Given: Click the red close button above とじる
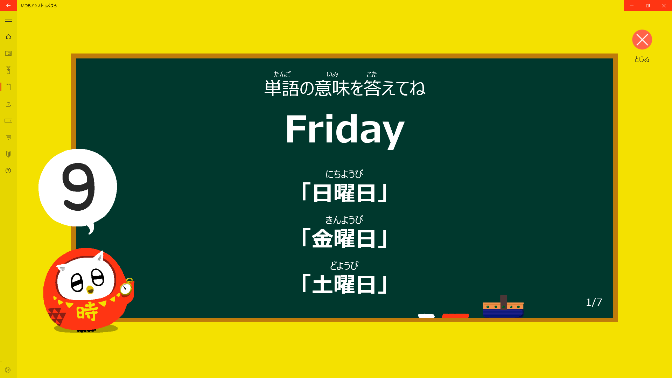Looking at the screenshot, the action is tap(642, 40).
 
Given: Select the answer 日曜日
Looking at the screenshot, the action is tap(345, 193).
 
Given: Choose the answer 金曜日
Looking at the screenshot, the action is tap(345, 238).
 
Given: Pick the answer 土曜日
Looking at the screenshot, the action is tap(345, 284).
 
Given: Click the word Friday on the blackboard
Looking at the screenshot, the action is tap(345, 130).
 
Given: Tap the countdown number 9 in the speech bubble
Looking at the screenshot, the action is tap(79, 187).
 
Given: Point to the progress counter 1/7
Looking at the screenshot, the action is tap(594, 302).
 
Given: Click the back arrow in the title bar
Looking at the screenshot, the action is tap(8, 6).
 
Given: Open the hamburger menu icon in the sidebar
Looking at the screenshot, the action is tap(8, 20).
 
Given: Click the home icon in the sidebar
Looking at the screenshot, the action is tap(8, 37).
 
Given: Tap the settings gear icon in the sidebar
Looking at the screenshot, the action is tap(8, 370).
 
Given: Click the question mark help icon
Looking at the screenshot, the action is tap(8, 171).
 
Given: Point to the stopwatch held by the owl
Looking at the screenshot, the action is tap(126, 287).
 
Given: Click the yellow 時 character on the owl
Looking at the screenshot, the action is tap(87, 311).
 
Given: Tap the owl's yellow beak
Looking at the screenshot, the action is tap(90, 290).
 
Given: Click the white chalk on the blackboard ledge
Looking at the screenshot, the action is tap(426, 316).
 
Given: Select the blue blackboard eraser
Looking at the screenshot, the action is tap(503, 307).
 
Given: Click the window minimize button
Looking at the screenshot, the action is tap(632, 6).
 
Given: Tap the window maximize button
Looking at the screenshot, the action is tap(648, 6).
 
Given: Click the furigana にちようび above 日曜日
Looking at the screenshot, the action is tap(344, 174).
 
